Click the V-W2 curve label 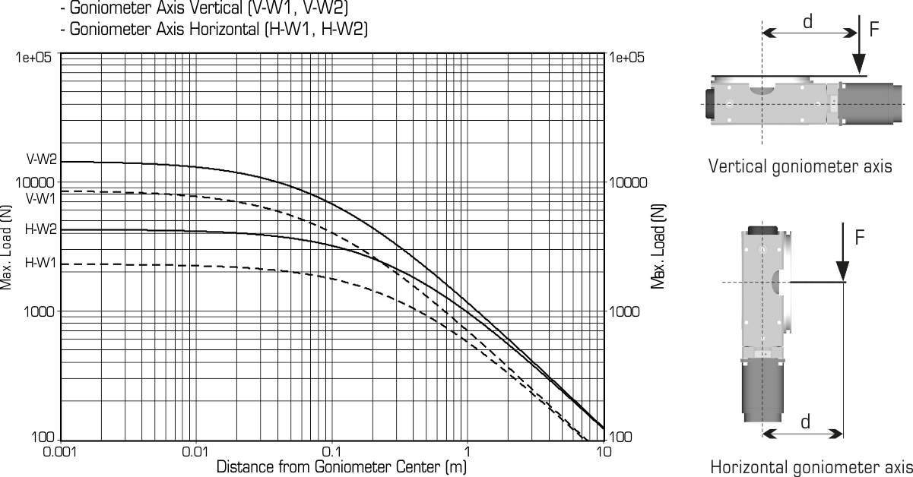pos(42,160)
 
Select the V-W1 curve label pos(41,198)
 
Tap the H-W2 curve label pos(41,229)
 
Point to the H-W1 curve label pos(40,263)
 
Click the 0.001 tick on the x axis pos(60,452)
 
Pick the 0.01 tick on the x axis pos(195,452)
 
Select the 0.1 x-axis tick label pos(331,452)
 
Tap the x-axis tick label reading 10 pos(604,452)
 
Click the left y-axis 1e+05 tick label pos(33,58)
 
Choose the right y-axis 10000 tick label pos(628,182)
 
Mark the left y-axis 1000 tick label pos(39,311)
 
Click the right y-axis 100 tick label pos(621,438)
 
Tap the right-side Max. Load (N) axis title pos(658,246)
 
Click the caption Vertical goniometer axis pos(800,166)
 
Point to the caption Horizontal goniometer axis pos(811,468)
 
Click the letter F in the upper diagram pos(874,30)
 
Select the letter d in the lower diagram pos(805,422)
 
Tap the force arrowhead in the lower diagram pos(843,271)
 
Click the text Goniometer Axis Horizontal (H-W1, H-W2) pos(214,29)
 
